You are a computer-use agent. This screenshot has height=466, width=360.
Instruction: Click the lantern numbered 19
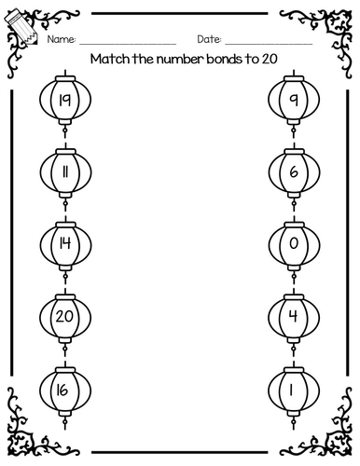[65, 98]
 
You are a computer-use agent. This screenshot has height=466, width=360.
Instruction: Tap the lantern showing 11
[65, 171]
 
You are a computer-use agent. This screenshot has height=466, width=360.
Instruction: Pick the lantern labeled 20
[65, 318]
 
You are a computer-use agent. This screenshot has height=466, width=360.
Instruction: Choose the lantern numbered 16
[65, 391]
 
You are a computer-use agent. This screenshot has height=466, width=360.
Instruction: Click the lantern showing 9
[293, 98]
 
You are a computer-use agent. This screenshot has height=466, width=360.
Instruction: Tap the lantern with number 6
[293, 171]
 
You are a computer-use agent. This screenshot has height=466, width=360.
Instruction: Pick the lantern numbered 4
[293, 318]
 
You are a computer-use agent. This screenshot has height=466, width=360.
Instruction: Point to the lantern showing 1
[293, 391]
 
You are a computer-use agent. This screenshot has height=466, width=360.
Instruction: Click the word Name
[62, 40]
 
